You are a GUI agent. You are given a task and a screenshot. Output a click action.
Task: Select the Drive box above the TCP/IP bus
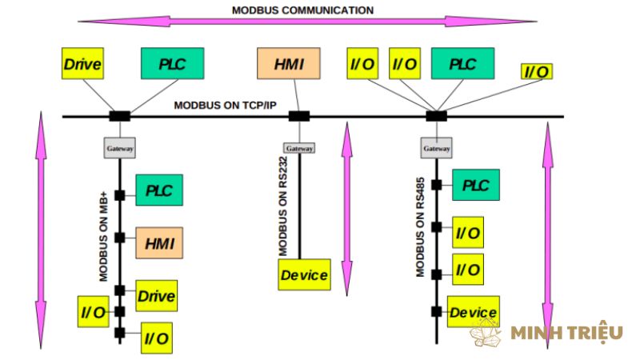(82, 64)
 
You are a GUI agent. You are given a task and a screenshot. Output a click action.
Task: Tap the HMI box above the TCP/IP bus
(288, 64)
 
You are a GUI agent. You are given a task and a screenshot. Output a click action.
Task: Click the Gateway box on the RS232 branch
(299, 148)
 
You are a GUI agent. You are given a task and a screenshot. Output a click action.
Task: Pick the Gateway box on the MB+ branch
(120, 148)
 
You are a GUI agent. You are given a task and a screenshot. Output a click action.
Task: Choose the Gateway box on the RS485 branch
(436, 148)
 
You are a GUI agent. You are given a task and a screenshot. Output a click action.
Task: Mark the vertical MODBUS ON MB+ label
(103, 236)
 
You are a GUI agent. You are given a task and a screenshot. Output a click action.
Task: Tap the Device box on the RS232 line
(304, 275)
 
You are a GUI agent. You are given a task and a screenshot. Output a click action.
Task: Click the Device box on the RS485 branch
(474, 312)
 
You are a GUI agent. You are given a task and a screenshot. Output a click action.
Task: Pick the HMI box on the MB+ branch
(159, 241)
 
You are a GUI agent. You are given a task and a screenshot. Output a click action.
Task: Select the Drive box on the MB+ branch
(156, 296)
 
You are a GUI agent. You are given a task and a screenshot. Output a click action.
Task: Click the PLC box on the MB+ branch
(159, 191)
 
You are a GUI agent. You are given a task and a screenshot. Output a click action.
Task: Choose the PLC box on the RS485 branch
(476, 186)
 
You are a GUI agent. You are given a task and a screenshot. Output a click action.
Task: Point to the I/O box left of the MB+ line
(92, 311)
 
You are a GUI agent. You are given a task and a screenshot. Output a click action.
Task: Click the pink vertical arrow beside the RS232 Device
(346, 208)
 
